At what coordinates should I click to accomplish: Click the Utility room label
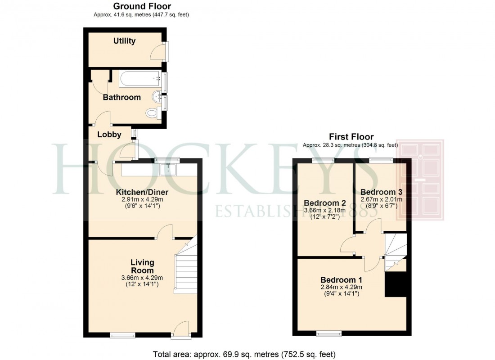point(124,41)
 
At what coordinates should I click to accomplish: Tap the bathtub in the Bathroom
point(140,79)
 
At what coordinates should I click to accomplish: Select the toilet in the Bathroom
point(152,112)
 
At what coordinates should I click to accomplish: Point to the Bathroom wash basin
point(157,96)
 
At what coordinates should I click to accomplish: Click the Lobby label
point(109,134)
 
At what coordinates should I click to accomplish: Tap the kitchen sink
point(169,169)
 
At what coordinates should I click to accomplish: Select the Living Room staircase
point(185,270)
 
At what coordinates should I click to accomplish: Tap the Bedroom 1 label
point(341,279)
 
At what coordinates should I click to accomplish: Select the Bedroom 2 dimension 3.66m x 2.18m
point(324,210)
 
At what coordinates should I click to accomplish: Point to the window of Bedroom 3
point(380,159)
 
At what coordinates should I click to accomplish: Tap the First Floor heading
point(351,137)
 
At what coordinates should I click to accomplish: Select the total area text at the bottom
point(244,354)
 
